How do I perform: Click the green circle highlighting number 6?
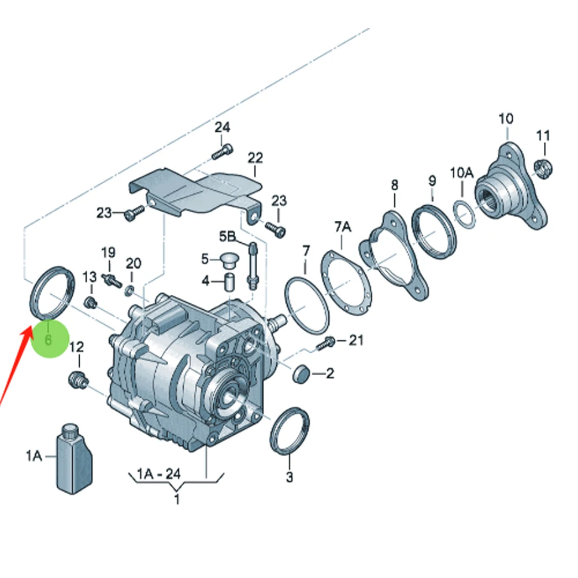(x=50, y=339)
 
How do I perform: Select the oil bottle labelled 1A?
(x=74, y=458)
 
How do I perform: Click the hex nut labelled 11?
(x=543, y=168)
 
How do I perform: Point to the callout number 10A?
(x=461, y=172)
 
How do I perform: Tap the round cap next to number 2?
(x=301, y=374)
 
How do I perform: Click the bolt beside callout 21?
(x=325, y=343)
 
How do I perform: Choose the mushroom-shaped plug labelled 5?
(x=229, y=260)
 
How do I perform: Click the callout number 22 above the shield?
(x=255, y=158)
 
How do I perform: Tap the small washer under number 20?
(x=129, y=291)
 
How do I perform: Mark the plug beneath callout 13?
(x=90, y=303)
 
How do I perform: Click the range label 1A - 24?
(x=158, y=474)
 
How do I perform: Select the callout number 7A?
(x=343, y=227)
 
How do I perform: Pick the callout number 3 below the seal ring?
(x=290, y=477)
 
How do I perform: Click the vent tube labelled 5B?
(x=253, y=265)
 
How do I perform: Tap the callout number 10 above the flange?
(x=506, y=118)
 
